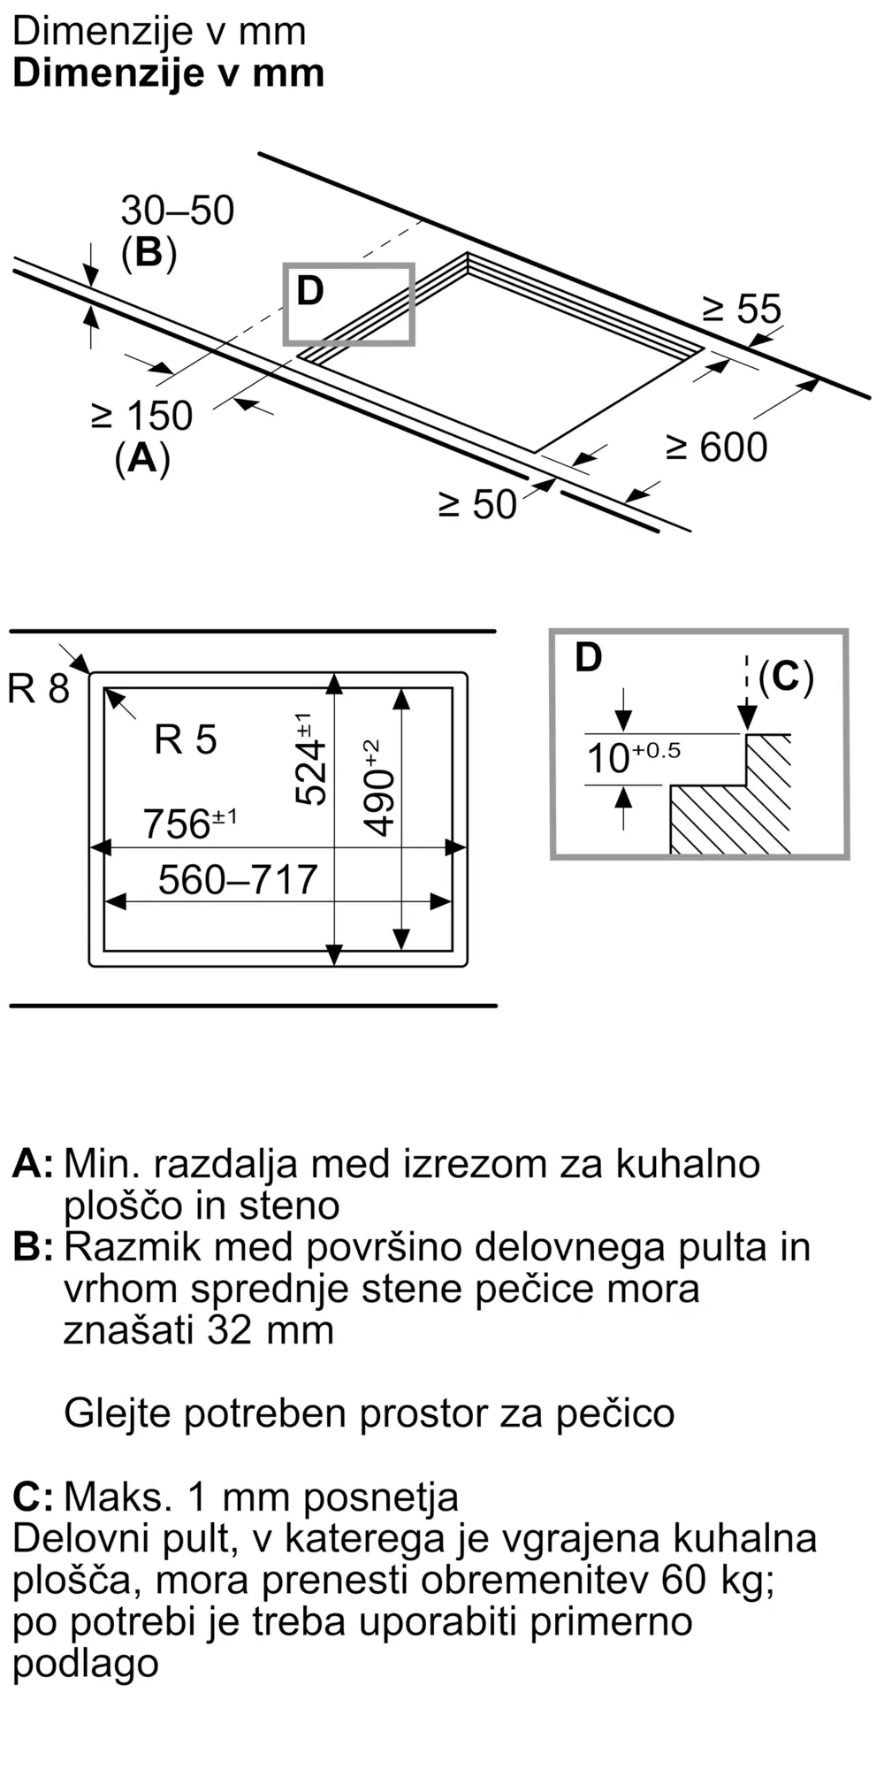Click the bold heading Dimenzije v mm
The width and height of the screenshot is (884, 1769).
[x=168, y=73]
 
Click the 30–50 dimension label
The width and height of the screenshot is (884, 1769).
[x=177, y=211]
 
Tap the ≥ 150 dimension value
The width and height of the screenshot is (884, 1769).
[x=141, y=416]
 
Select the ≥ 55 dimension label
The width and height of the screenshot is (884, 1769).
[x=742, y=309]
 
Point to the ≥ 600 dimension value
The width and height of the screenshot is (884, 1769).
[x=716, y=447]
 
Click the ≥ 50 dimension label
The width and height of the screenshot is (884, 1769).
[x=477, y=504]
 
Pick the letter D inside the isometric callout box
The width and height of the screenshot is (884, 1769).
[x=310, y=291]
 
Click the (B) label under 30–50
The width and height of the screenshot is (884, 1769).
[x=149, y=253]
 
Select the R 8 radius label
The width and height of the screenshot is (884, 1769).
[x=38, y=688]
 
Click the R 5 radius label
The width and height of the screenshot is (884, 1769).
[x=185, y=739]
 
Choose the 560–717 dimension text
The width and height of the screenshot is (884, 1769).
[x=237, y=879]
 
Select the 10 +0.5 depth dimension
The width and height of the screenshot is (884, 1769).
[x=632, y=758]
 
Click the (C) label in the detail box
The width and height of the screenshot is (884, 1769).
[x=785, y=677]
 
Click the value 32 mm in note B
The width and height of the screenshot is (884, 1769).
[x=270, y=1329]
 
